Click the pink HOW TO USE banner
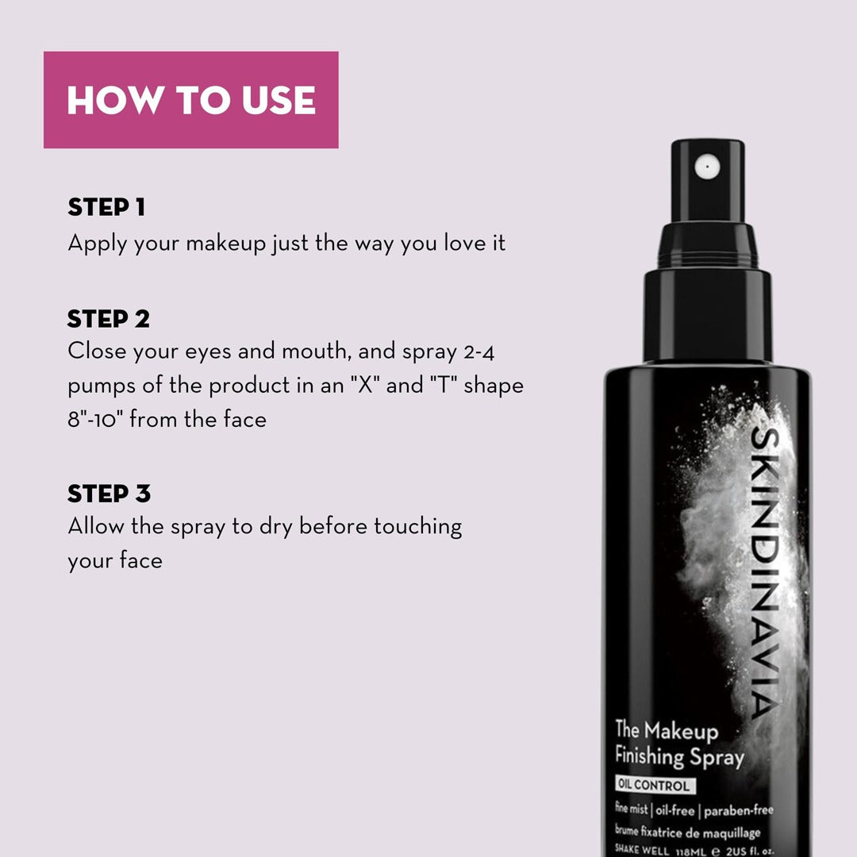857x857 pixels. point(190,100)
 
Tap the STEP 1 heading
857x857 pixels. point(106,208)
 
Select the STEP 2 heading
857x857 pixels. point(109,319)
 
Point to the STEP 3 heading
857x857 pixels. point(109,494)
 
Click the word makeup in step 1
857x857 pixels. point(225,243)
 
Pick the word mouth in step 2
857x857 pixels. point(312,351)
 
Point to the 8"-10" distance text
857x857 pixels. point(94,419)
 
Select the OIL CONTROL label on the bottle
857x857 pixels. point(655,786)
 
